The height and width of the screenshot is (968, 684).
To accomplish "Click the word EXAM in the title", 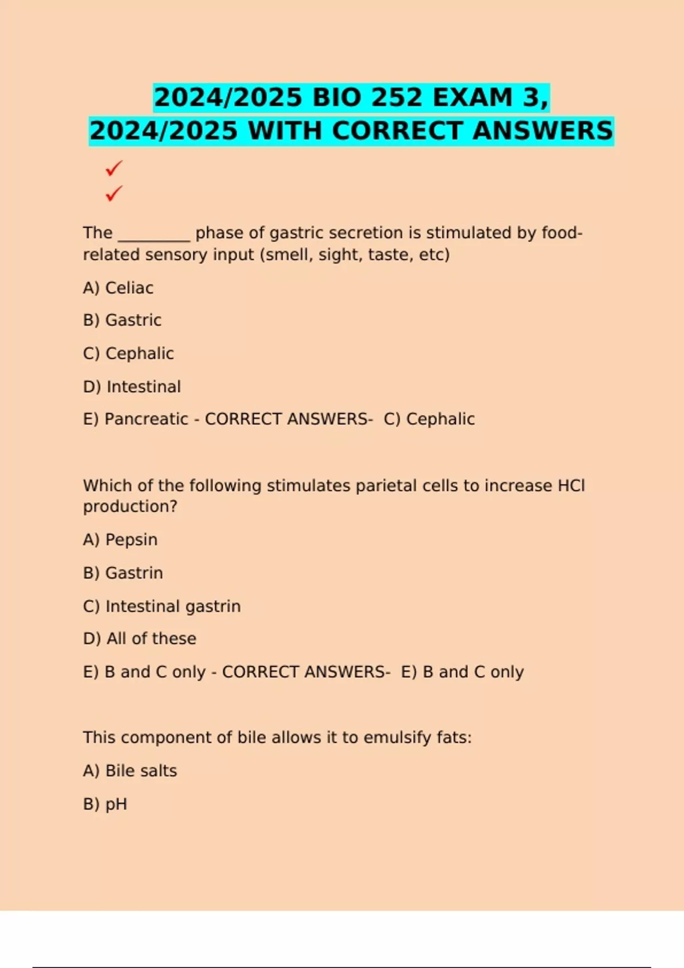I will click(473, 97).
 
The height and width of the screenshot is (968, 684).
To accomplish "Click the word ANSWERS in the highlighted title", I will click(543, 130).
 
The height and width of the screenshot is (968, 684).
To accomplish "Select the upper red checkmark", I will click(114, 168).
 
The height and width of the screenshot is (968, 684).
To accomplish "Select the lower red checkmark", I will click(114, 194).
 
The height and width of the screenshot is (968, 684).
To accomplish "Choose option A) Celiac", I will click(118, 288).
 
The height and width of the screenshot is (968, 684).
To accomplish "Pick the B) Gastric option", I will click(122, 320).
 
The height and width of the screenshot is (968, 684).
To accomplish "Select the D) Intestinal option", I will click(132, 387).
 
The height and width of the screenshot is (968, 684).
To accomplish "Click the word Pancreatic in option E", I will click(146, 419).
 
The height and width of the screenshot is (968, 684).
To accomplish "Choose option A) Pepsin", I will click(120, 540).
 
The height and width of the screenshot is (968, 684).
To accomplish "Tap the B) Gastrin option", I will click(123, 573).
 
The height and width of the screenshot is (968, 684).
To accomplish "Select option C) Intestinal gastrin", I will click(162, 606).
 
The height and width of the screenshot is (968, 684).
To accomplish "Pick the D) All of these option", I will click(140, 639).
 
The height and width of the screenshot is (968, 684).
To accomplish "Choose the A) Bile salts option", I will click(130, 771).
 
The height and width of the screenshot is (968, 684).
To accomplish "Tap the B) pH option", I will click(105, 804).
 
